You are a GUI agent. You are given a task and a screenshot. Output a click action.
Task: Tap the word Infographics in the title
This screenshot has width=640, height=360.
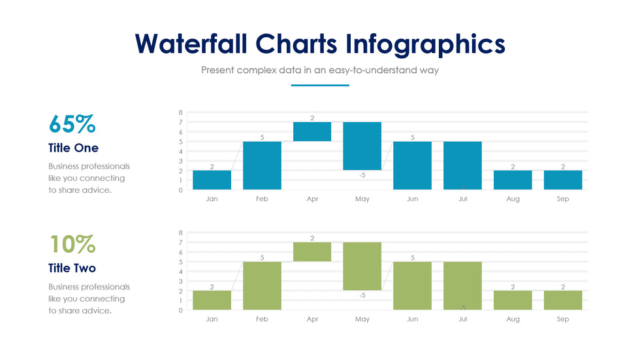tap(425, 44)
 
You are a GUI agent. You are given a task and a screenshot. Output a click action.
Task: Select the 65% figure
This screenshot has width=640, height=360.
tap(72, 123)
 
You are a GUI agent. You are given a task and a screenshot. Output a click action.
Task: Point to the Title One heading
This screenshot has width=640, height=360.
tap(73, 148)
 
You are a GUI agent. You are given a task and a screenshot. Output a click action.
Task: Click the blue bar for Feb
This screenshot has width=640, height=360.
tap(262, 165)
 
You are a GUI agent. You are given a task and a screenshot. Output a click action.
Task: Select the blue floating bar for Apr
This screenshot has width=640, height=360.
tap(312, 131)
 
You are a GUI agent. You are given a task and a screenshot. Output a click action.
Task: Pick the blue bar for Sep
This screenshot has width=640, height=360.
tap(563, 180)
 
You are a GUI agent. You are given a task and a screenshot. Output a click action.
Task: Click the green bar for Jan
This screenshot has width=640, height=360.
tap(212, 300)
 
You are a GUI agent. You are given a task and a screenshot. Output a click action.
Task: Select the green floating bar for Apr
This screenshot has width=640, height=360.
tap(312, 252)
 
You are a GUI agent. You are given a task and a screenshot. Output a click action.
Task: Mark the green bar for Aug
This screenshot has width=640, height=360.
tap(513, 300)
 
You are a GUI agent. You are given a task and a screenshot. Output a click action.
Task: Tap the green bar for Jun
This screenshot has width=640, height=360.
tap(412, 286)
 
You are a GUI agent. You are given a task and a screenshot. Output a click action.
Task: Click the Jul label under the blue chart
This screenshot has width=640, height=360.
tap(462, 199)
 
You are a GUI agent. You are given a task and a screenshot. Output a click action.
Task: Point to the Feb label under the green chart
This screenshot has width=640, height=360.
tap(262, 319)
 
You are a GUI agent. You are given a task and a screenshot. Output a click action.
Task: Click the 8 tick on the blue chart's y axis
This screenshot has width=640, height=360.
tap(180, 112)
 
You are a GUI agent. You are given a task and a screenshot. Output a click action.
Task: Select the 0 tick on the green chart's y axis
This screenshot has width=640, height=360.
tap(180, 310)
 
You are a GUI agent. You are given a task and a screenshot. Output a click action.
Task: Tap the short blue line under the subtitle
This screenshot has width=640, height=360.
tap(320, 86)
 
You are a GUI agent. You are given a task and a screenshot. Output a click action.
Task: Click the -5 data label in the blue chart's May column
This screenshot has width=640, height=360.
tap(362, 175)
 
